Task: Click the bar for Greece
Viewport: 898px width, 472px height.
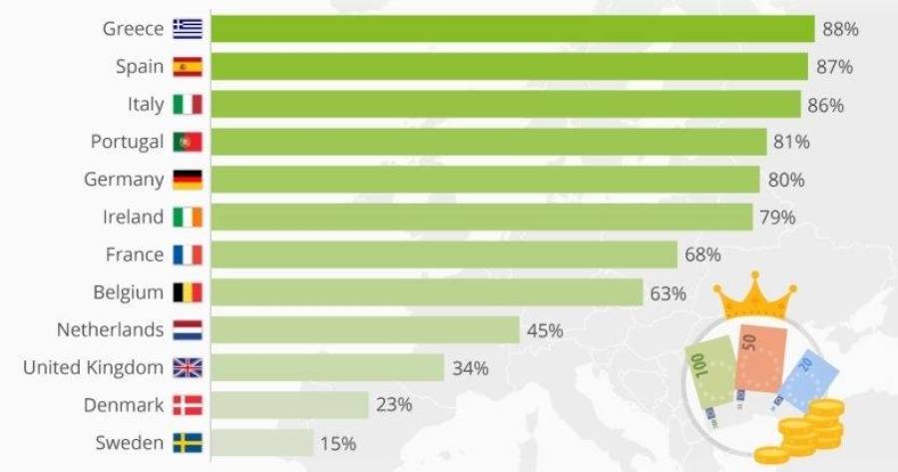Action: click(513, 29)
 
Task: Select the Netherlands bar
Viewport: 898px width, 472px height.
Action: click(365, 330)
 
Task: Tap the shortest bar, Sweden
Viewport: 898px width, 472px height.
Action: click(262, 443)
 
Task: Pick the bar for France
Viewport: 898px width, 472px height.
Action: click(444, 254)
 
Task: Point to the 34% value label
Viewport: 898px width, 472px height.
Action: click(470, 368)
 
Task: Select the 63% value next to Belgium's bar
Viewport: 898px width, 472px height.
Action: click(668, 293)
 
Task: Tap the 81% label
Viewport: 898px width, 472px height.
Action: click(791, 142)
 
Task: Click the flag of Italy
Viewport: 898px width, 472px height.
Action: click(188, 105)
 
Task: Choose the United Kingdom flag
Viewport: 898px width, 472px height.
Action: click(188, 368)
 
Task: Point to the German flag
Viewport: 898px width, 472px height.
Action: click(188, 180)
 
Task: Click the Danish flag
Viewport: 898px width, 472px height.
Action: click(188, 405)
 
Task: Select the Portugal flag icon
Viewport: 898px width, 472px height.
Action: click(188, 142)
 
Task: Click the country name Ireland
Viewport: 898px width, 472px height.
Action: click(133, 218)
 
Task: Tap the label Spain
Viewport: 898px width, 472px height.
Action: click(140, 67)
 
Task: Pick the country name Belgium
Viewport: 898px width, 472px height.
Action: click(129, 292)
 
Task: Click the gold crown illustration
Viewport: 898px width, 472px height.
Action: click(754, 295)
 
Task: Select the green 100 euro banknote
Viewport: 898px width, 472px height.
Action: click(710, 384)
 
